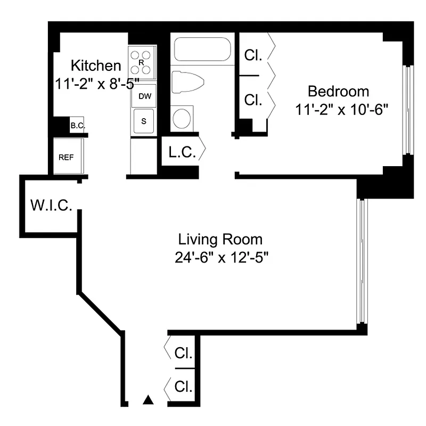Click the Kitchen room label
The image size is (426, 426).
tap(96, 66)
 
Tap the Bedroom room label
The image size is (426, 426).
tap(338, 91)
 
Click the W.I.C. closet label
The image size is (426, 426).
tap(51, 206)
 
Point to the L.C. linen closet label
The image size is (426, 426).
tap(182, 152)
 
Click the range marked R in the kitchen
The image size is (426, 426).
tap(142, 62)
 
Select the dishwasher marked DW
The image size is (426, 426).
tap(144, 96)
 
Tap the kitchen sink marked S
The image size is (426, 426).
tap(143, 121)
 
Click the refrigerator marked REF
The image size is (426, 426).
tap(66, 157)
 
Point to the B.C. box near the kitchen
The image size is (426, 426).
tap(77, 126)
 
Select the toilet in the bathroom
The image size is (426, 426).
tap(187, 83)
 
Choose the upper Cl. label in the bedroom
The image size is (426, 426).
tap(253, 55)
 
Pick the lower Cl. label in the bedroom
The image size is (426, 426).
tap(253, 100)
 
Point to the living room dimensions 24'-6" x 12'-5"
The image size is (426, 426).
tap(220, 258)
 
